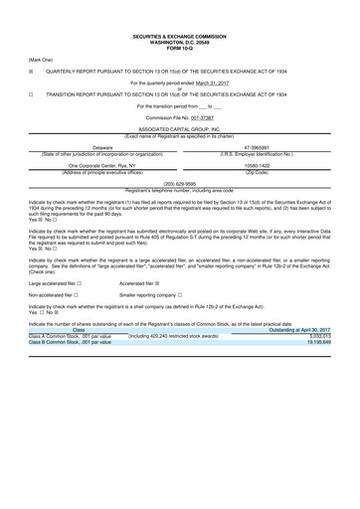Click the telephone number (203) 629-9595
[x=179, y=183]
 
